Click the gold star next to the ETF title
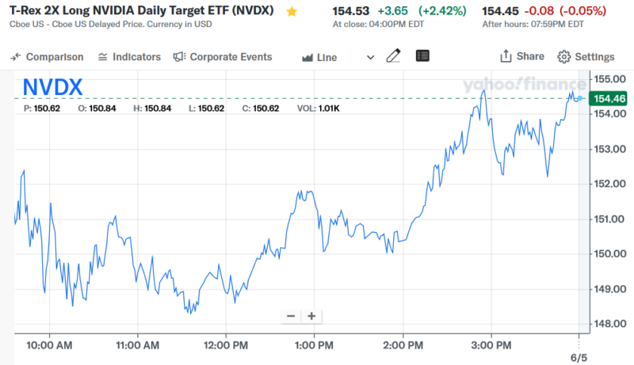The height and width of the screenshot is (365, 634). click(x=292, y=12)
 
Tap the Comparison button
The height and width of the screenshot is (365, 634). click(x=48, y=57)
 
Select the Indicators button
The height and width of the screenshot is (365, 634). click(x=129, y=57)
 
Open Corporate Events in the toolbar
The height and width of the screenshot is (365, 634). click(x=223, y=57)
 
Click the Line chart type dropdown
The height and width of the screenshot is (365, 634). click(x=338, y=57)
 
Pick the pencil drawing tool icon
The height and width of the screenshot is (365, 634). click(x=393, y=56)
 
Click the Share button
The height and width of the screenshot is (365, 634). click(x=521, y=56)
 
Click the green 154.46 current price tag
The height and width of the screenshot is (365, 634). click(x=610, y=98)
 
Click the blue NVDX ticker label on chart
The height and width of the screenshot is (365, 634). click(x=52, y=87)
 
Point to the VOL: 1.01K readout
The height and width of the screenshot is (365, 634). click(x=319, y=108)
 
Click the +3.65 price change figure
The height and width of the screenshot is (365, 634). click(x=392, y=11)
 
